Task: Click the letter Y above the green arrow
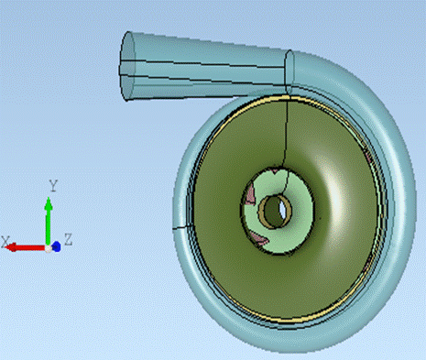click(53, 186)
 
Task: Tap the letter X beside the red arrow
click(5, 242)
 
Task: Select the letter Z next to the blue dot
click(68, 239)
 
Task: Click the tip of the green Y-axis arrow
click(49, 198)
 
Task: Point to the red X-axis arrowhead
click(11, 247)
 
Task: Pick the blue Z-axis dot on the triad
click(57, 246)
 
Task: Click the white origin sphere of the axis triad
click(49, 248)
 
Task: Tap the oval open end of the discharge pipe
click(127, 66)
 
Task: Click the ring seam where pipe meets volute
click(289, 72)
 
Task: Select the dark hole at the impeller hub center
click(274, 212)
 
